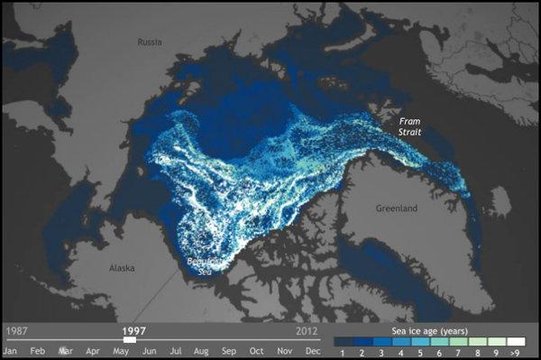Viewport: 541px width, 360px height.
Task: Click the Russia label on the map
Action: pyautogui.click(x=150, y=42)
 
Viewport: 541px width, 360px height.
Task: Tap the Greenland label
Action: pyautogui.click(x=397, y=208)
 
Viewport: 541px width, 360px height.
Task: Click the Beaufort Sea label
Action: pyautogui.click(x=200, y=266)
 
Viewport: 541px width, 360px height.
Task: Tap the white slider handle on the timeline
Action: pyautogui.click(x=130, y=340)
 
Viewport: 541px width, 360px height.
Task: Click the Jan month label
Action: pyautogui.click(x=11, y=350)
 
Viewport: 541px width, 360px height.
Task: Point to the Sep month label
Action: pyautogui.click(x=229, y=350)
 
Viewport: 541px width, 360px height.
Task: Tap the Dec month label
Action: pyautogui.click(x=312, y=350)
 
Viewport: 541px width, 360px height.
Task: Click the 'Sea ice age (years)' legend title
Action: pyautogui.click(x=429, y=331)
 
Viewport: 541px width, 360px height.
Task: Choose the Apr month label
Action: pyautogui.click(x=92, y=350)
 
